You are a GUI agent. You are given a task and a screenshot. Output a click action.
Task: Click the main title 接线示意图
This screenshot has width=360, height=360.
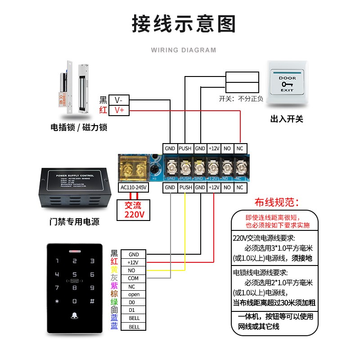coord(184,23)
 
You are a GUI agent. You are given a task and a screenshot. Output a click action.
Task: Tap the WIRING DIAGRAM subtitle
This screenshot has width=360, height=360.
coord(184,50)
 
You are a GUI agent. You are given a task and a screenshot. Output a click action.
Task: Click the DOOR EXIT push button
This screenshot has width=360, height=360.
coord(287,83)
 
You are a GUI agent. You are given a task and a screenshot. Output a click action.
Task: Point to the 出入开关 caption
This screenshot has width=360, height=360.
coord(287,119)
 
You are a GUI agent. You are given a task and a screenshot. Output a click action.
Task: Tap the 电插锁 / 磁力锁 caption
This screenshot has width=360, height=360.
coord(79,127)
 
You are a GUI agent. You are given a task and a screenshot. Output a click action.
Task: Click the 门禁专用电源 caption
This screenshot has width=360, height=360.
coord(74,222)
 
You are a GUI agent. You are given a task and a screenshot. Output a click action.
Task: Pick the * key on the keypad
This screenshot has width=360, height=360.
coord(57,301)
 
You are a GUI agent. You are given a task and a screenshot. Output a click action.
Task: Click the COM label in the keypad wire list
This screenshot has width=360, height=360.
coord(133,279)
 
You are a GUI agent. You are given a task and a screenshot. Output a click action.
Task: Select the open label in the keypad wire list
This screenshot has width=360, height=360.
coord(134,295)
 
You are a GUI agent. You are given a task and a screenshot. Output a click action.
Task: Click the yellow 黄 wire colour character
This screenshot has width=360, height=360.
coord(114,270)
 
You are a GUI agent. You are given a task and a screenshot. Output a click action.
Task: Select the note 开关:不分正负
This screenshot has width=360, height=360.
coord(241,99)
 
